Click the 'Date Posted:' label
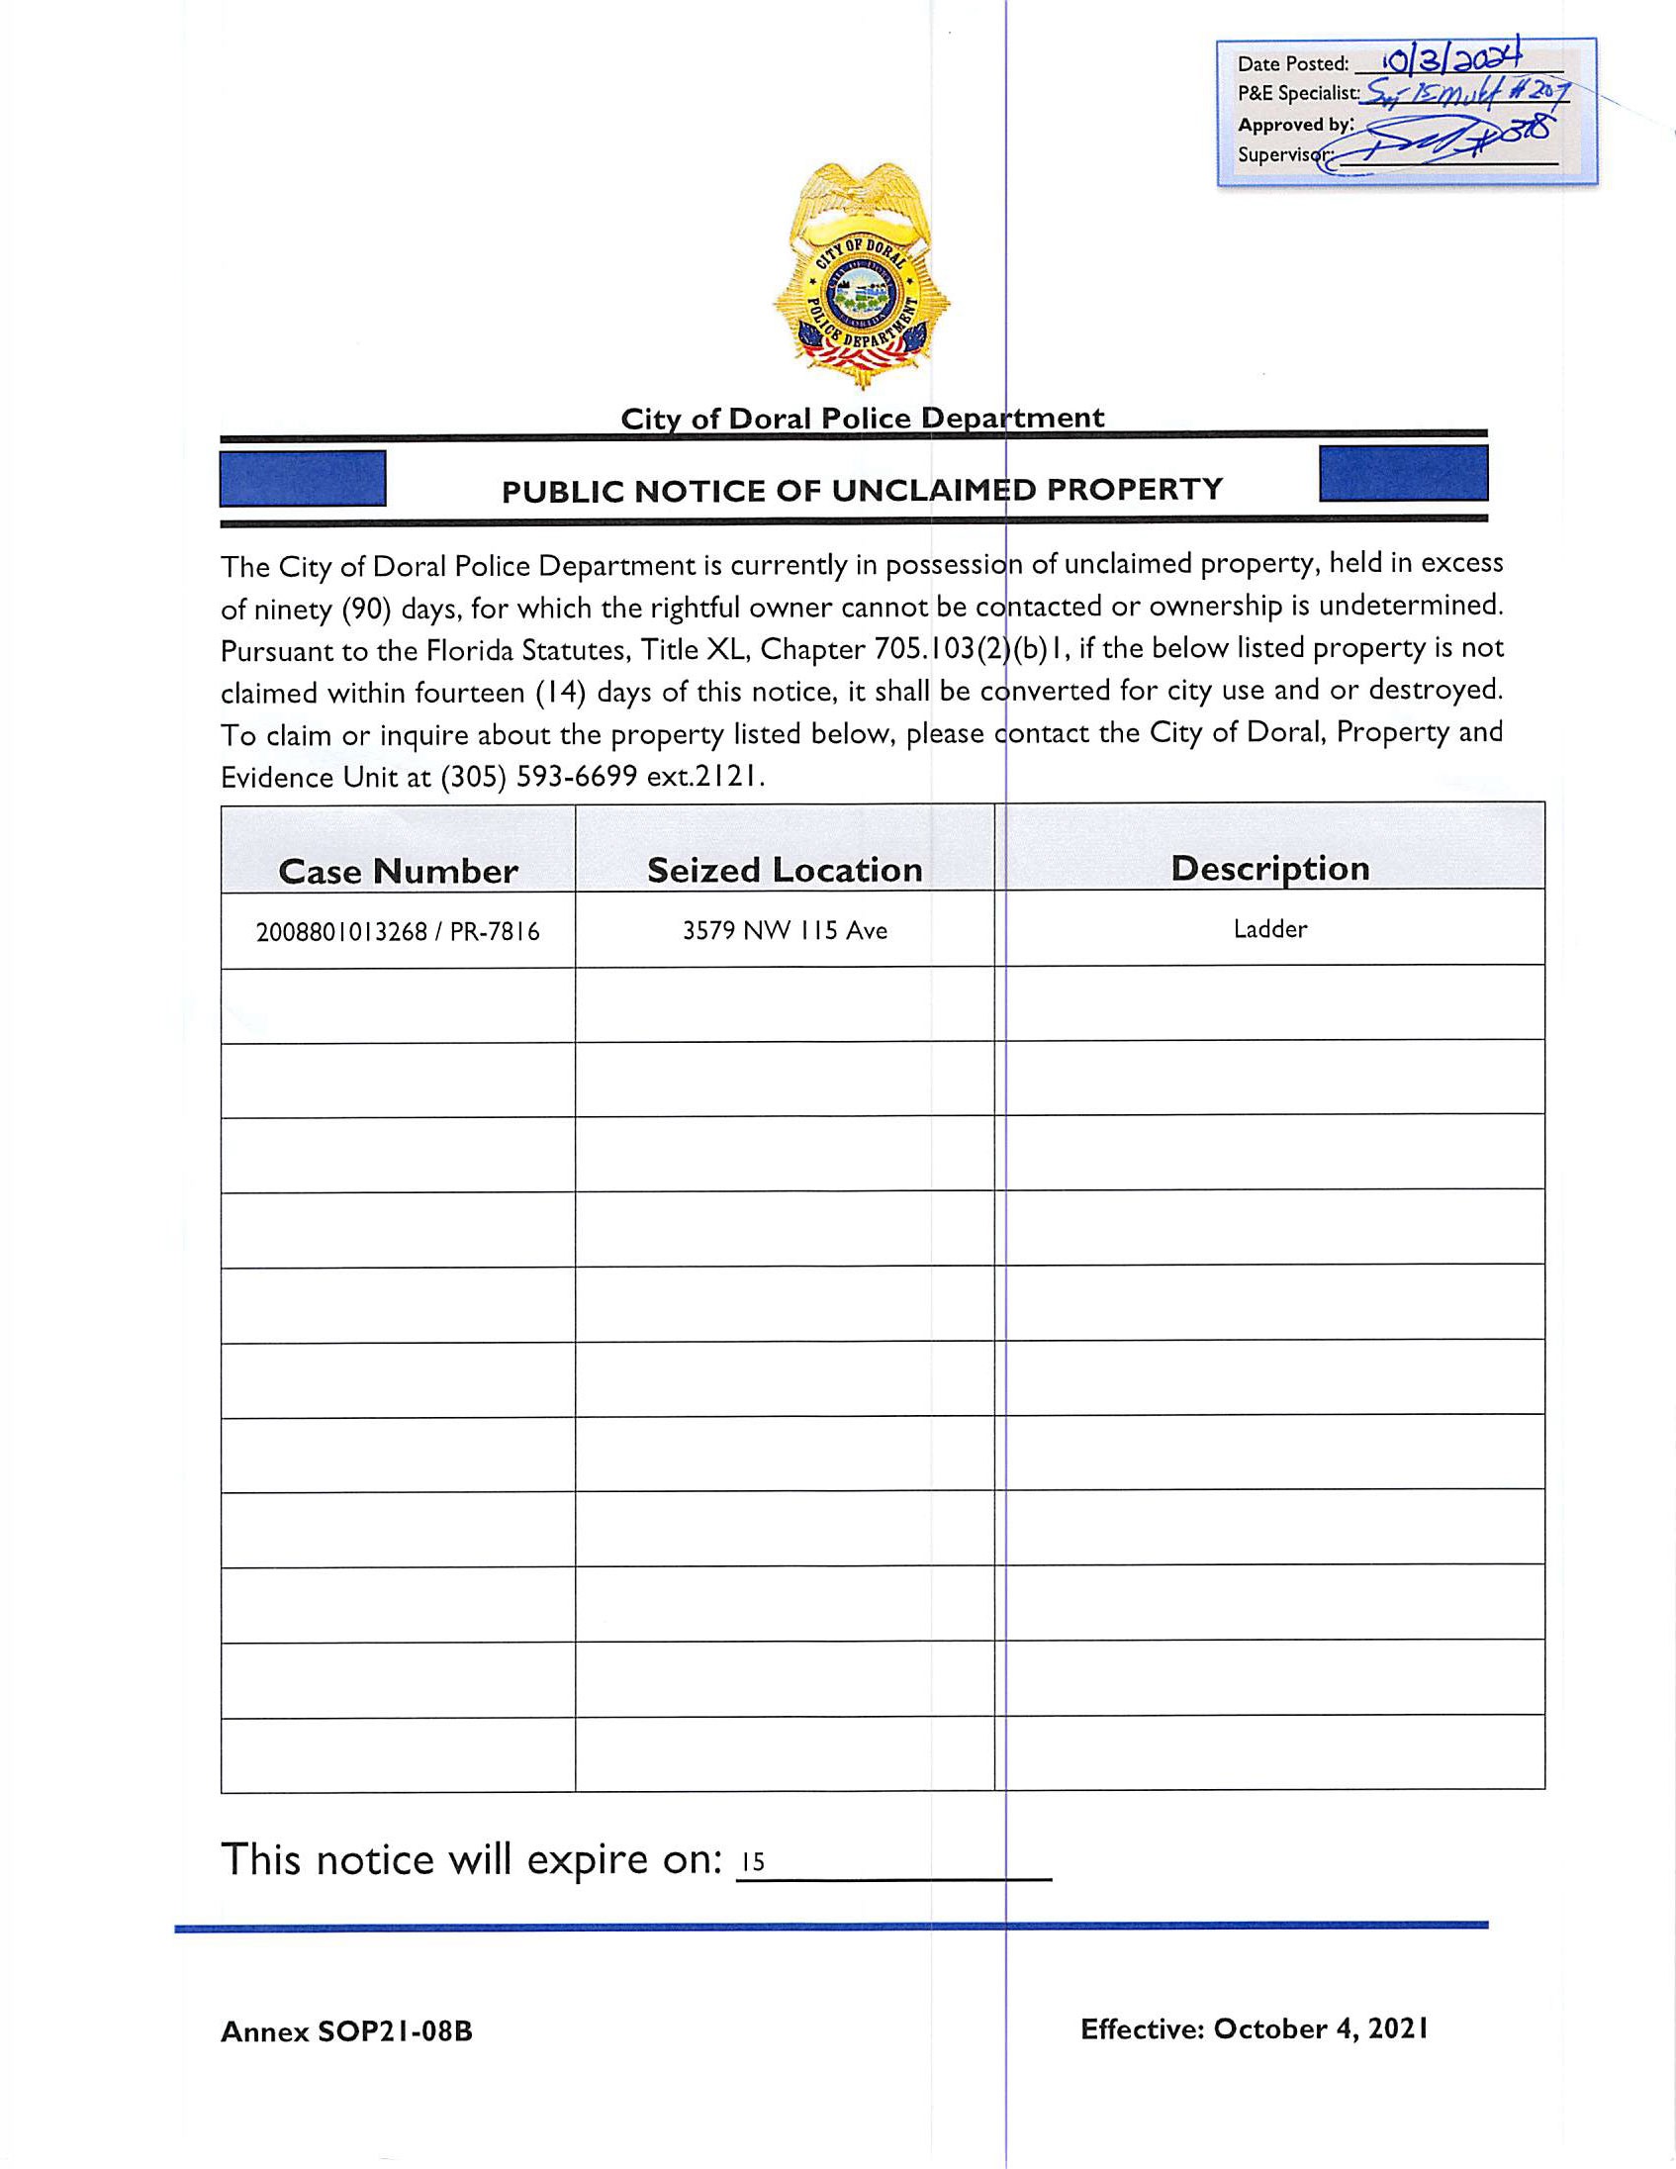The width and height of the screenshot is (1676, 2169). (x=1293, y=64)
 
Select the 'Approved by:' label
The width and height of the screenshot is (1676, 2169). (x=1295, y=125)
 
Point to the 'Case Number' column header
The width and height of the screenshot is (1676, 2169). (x=398, y=872)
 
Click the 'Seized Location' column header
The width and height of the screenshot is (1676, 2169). (x=785, y=871)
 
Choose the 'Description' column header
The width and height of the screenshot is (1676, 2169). (x=1270, y=869)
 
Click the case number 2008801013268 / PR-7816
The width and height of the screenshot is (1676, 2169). (x=398, y=932)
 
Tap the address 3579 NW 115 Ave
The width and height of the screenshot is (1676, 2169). (x=785, y=930)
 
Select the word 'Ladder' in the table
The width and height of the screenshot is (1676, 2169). (x=1270, y=929)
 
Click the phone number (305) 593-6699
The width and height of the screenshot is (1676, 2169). (x=538, y=777)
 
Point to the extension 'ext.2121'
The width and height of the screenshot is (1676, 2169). (x=706, y=777)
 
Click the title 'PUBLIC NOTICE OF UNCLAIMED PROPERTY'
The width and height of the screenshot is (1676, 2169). (x=861, y=491)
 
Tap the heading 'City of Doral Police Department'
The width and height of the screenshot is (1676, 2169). (x=862, y=419)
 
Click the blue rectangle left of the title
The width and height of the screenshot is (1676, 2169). (x=303, y=479)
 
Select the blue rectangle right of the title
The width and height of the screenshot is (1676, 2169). (x=1403, y=474)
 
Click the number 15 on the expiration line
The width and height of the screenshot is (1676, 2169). (x=753, y=1862)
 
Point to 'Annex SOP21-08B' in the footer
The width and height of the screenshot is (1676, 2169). (x=346, y=2031)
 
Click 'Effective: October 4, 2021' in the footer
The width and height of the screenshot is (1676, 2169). (x=1254, y=2028)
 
